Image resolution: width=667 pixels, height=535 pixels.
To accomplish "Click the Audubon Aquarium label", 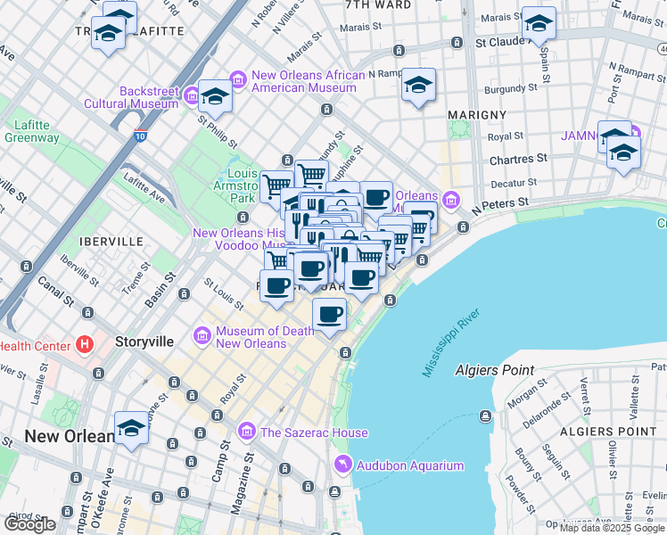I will pyautogui.click(x=410, y=465).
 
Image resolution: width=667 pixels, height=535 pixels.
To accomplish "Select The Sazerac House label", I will pyautogui.click(x=314, y=432).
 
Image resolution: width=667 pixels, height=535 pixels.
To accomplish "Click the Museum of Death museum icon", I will pyautogui.click(x=202, y=335).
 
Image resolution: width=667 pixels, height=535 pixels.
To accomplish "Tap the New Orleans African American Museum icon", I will pyautogui.click(x=238, y=80).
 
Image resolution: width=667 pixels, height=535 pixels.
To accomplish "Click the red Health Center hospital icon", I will pyautogui.click(x=85, y=343).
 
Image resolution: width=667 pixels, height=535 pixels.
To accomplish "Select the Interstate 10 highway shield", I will pyautogui.click(x=140, y=136).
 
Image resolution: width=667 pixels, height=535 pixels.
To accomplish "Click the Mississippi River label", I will pyautogui.click(x=452, y=342).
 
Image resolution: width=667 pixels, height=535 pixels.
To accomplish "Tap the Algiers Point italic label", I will pyautogui.click(x=494, y=370).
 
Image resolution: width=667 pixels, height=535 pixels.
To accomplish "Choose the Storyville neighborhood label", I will pyautogui.click(x=143, y=342).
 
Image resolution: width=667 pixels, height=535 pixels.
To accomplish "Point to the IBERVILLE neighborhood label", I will pyautogui.click(x=111, y=242).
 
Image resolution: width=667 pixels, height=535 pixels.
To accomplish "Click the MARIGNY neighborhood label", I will pyautogui.click(x=477, y=115).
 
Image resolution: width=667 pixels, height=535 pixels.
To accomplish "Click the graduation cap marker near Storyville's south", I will pyautogui.click(x=132, y=429).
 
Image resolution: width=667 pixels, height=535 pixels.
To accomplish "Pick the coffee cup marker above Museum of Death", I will pyautogui.click(x=329, y=314).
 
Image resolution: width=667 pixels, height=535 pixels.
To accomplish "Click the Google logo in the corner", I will pyautogui.click(x=29, y=524).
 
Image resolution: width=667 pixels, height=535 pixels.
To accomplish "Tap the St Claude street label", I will pyautogui.click(x=504, y=42).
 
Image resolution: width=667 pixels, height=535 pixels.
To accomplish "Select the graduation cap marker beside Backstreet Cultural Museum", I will pyautogui.click(x=215, y=95).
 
